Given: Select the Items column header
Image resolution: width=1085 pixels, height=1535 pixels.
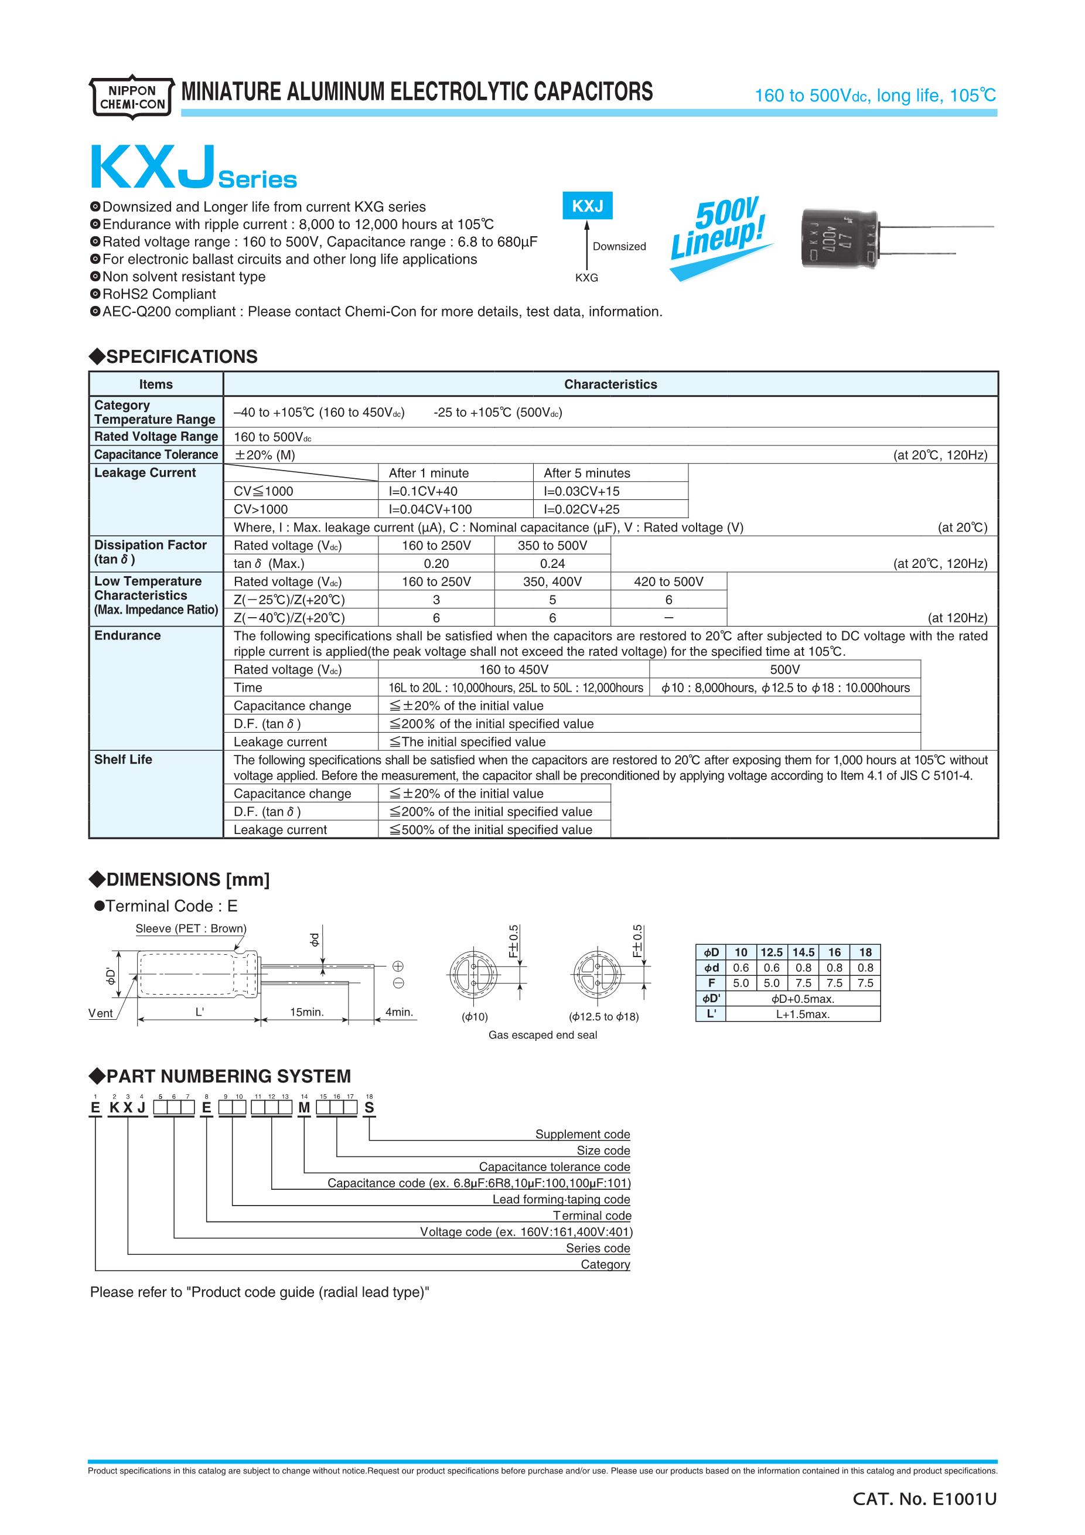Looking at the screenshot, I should click(x=156, y=384).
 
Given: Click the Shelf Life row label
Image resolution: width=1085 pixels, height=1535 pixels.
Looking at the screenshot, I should click(x=123, y=760).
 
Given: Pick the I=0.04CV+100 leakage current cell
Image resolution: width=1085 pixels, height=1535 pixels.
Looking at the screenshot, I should click(x=429, y=509).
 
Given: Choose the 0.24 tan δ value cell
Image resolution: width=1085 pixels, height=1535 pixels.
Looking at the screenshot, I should click(x=552, y=564).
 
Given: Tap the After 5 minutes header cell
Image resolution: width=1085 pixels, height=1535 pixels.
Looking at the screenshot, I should click(x=586, y=472).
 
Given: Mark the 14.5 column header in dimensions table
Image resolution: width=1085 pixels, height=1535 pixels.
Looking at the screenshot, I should click(x=803, y=952).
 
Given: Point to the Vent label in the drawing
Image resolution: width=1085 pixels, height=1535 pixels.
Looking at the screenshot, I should click(x=101, y=1013).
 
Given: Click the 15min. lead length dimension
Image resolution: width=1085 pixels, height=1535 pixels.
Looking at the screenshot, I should click(x=306, y=1012).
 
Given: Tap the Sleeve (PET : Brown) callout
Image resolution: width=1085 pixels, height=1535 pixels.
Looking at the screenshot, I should click(x=190, y=928).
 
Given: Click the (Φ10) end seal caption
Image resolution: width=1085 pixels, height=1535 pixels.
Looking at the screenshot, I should click(x=475, y=1017).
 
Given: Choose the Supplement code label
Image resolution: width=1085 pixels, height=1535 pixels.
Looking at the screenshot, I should click(x=582, y=1134).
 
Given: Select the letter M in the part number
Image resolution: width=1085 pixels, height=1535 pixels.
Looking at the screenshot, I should click(x=304, y=1108).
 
